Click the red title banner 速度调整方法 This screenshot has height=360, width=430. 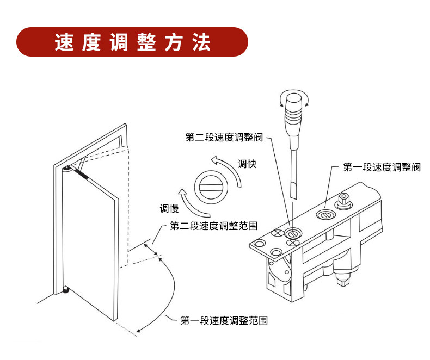coord(132,42)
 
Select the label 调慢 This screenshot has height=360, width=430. coord(169,208)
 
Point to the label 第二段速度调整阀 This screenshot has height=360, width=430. coord(224,138)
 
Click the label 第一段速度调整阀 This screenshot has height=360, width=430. coord(382,167)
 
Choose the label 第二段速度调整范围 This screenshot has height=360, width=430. coord(214,225)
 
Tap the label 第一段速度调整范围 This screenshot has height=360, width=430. coord(224,320)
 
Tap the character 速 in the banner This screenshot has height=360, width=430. coord(64,42)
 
